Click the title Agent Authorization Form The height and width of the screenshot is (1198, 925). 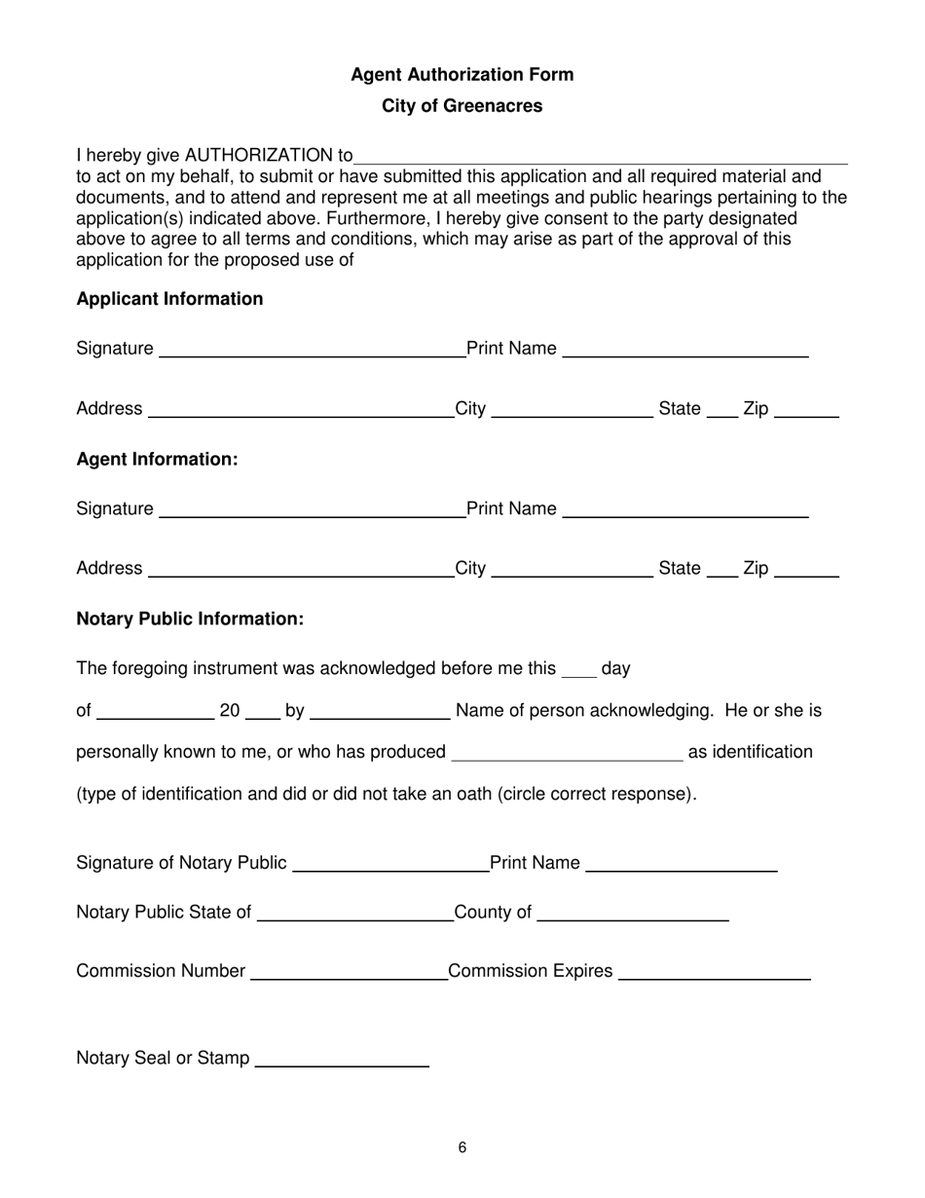(462, 75)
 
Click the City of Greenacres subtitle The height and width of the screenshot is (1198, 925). (462, 106)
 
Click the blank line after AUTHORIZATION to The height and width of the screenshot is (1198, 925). (601, 157)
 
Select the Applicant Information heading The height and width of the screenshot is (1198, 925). (169, 299)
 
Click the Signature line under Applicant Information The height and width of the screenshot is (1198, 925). (312, 351)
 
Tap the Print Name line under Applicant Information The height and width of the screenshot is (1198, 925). (685, 351)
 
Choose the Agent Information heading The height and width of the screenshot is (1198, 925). (157, 459)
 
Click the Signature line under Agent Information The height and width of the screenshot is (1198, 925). (312, 510)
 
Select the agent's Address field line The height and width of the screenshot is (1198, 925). (300, 570)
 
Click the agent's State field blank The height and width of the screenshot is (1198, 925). (721, 570)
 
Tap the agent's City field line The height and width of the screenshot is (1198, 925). (573, 570)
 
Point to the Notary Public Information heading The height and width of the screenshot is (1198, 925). (190, 619)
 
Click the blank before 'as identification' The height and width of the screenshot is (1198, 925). (569, 753)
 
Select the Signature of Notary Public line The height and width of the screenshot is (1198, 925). (389, 865)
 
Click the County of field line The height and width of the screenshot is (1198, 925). (633, 914)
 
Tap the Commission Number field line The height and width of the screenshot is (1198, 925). (348, 973)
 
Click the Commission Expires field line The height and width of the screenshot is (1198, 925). (714, 973)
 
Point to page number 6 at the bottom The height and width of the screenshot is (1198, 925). (462, 1148)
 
